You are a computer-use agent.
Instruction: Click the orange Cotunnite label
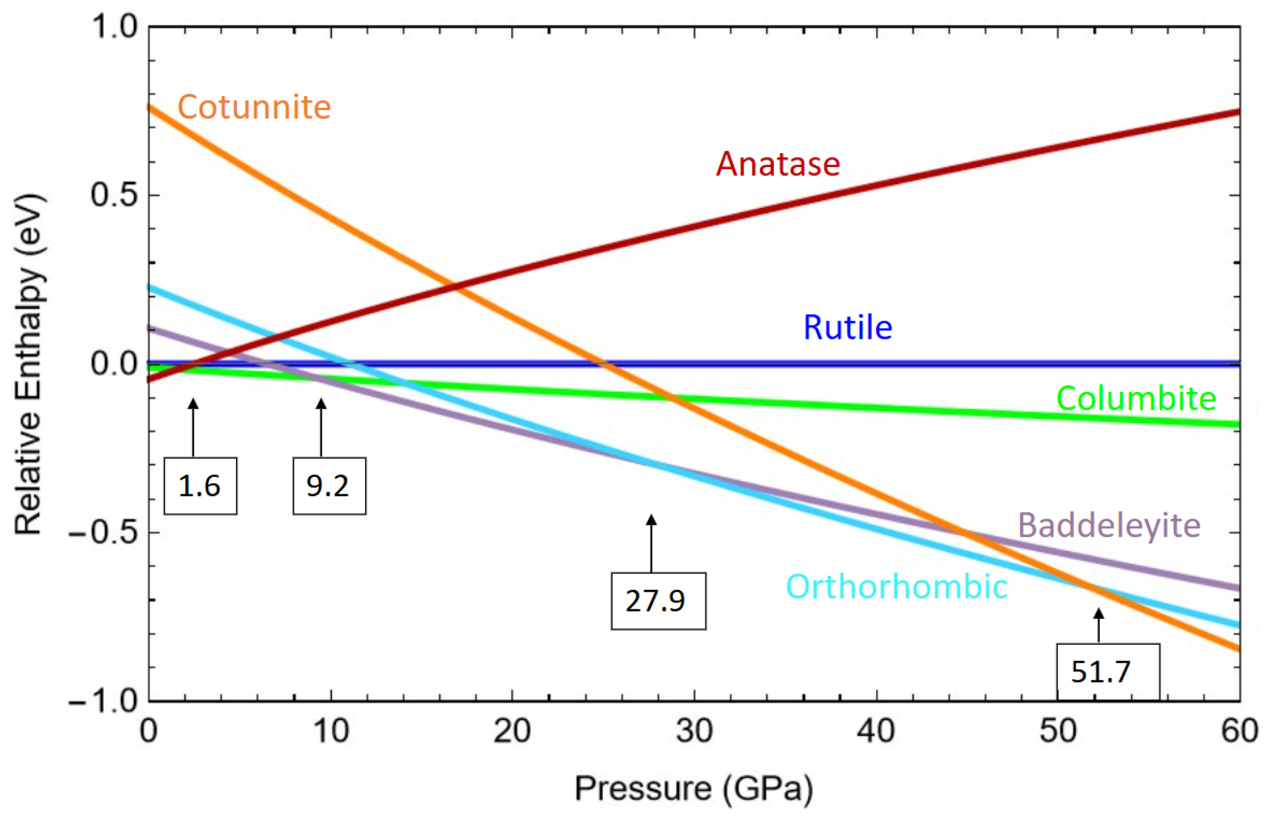[254, 108]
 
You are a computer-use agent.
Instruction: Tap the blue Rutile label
[848, 327]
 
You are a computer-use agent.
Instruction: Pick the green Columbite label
[1136, 399]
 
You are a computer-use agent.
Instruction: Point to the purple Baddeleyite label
[1109, 526]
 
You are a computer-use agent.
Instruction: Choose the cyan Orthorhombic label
[897, 587]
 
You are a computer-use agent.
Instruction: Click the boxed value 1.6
[200, 486]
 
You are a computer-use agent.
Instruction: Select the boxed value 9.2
[328, 486]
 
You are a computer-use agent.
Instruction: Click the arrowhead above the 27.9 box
[651, 520]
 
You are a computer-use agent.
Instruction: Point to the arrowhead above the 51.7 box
[1098, 614]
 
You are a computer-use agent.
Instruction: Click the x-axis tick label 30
[694, 731]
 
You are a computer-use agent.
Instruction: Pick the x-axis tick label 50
[1058, 731]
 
